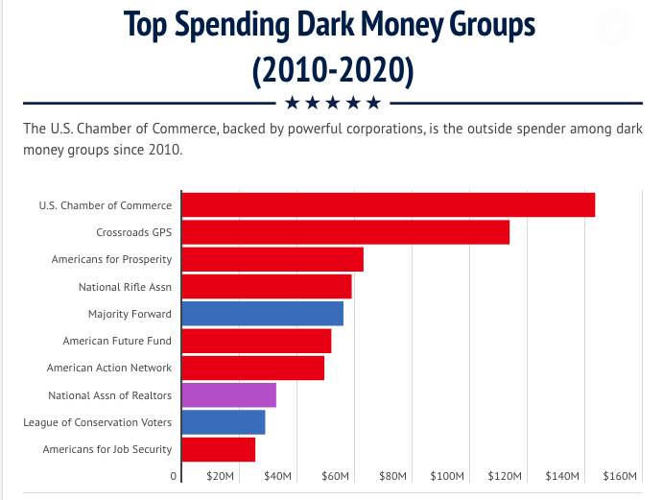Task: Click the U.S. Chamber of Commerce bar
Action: point(388,204)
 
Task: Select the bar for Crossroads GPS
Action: point(345,232)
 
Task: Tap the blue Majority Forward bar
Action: point(262,314)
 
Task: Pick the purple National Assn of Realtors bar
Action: point(228,395)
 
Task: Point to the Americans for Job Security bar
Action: point(218,449)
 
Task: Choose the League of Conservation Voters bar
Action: point(223,422)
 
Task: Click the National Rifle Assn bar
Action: point(267,287)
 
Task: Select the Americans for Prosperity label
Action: point(111,259)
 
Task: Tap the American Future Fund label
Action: point(117,341)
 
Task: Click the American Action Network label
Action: point(109,368)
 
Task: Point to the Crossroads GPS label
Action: point(133,232)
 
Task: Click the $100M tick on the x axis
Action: point(448,477)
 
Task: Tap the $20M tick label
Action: point(221,477)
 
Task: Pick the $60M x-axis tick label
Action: point(335,477)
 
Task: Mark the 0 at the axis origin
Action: point(174,477)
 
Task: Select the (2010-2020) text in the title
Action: point(332,70)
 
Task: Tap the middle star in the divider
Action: point(332,103)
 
